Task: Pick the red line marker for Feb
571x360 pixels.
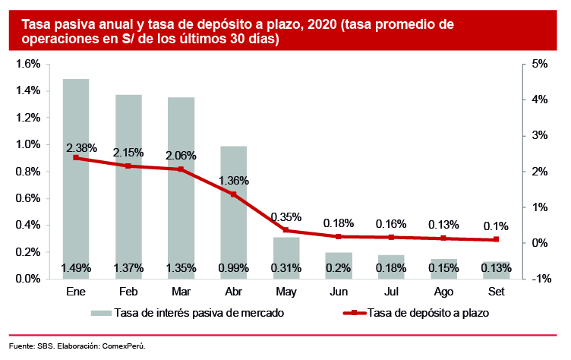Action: [128, 166]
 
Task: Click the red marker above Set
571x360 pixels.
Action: [496, 239]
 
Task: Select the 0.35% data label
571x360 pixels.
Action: [285, 216]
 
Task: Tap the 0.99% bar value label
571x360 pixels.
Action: [233, 268]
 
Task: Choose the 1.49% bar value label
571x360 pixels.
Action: [76, 268]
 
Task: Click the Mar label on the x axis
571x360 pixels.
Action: [181, 292]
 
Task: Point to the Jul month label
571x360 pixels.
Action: [391, 292]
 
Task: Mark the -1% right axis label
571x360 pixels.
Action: [541, 279]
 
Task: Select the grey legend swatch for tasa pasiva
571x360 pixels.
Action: [99, 312]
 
